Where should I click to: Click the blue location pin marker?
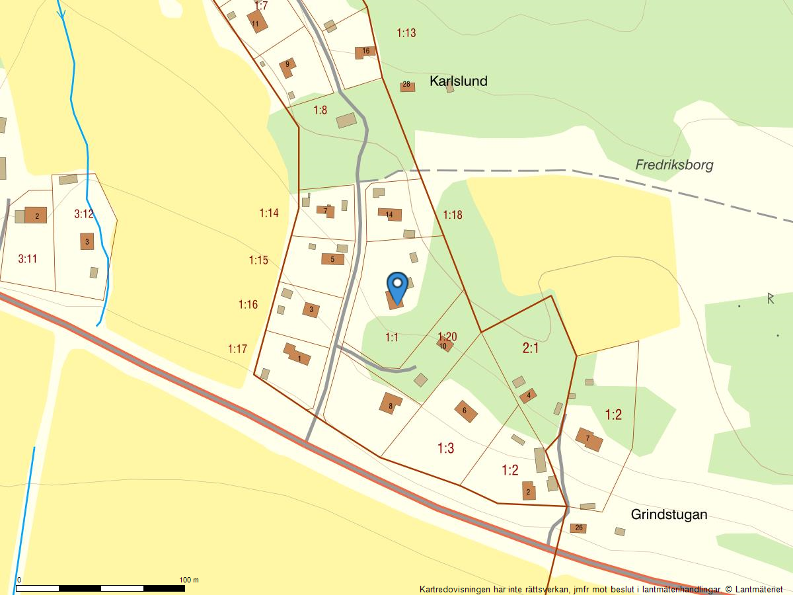tap(397, 286)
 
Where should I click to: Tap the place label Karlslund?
tap(458, 81)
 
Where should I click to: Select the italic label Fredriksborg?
tap(674, 165)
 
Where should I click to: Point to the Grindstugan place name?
tap(669, 514)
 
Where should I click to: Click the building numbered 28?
tap(407, 85)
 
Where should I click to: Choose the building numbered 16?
tap(365, 51)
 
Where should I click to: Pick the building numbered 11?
tap(256, 22)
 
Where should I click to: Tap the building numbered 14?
tap(390, 214)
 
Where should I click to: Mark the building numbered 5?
tap(332, 259)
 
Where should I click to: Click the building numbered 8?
tap(391, 403)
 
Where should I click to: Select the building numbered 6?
tap(465, 411)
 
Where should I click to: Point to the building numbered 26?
tap(579, 528)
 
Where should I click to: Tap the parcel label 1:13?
tap(406, 32)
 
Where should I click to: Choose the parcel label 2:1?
tap(531, 348)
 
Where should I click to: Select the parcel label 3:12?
tap(84, 214)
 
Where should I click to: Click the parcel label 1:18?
tap(453, 214)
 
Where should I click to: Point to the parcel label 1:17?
tap(237, 348)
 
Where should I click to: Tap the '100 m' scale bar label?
tap(189, 580)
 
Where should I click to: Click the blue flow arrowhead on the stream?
tap(63, 15)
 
